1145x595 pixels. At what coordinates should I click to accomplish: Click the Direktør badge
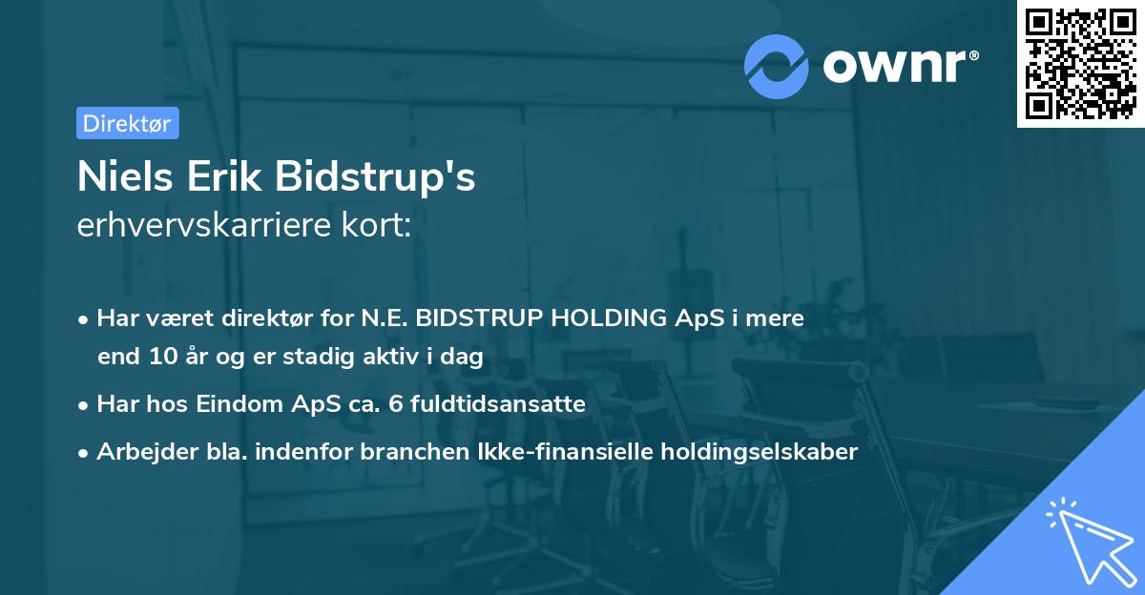coord(127,123)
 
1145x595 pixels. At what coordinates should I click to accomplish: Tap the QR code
coord(1080,64)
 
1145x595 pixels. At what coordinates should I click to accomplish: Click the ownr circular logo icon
coord(777,66)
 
